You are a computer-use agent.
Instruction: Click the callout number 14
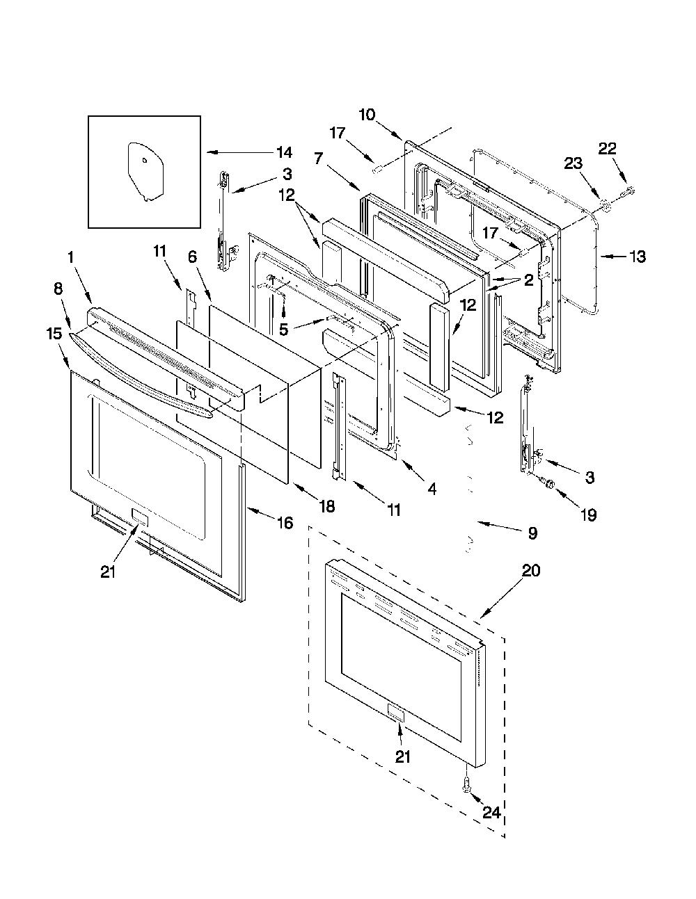(284, 153)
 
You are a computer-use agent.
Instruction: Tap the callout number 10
(367, 114)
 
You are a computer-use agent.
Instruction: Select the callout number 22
(607, 149)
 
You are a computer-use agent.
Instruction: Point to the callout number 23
(573, 164)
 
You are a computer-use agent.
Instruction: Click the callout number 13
(638, 257)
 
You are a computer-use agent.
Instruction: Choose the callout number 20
(531, 571)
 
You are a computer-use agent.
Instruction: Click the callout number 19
(588, 515)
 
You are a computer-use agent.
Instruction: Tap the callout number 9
(532, 533)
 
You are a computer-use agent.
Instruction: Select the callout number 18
(327, 506)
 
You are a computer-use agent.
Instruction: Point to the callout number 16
(285, 523)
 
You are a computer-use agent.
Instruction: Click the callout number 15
(54, 334)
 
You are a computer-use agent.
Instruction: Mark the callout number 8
(58, 289)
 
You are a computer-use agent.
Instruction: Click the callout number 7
(318, 158)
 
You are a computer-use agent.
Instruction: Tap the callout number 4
(432, 489)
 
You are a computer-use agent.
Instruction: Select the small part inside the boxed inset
(145, 172)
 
